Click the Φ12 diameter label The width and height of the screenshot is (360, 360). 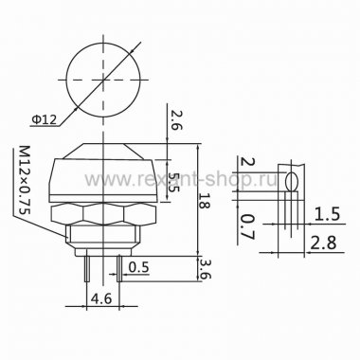pos(44,119)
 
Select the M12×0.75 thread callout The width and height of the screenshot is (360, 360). pos(24,180)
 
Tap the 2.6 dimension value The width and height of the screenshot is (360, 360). pos(177,119)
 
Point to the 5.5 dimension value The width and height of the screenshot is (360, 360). pos(173,182)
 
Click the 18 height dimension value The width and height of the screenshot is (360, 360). pos(205,200)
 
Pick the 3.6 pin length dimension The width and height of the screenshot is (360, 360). pos(205,269)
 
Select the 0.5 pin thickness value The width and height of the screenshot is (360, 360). pos(138,267)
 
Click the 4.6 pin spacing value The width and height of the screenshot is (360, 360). pos(101,298)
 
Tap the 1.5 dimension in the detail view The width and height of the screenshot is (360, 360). pos(327,214)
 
